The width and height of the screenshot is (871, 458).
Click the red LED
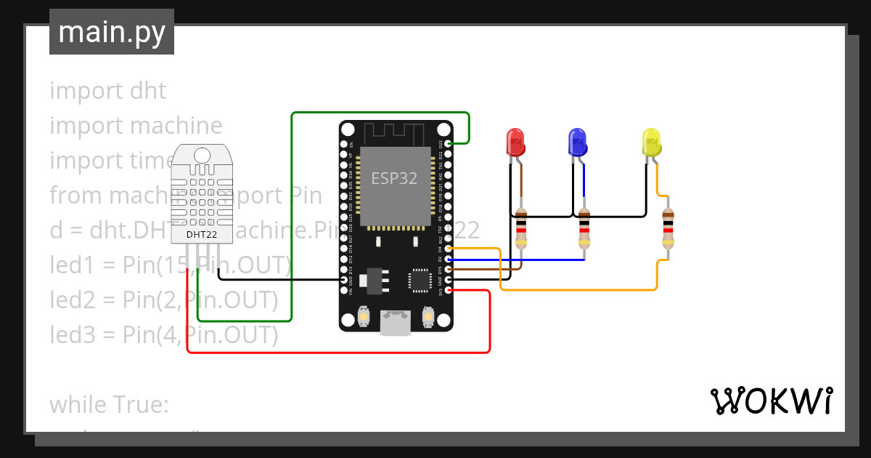515,142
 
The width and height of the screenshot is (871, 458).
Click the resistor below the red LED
520,228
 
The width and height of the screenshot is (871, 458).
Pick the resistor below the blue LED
584,228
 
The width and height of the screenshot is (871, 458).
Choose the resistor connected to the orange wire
668,228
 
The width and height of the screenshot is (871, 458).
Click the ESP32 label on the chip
394,178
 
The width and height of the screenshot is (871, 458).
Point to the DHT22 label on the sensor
202,234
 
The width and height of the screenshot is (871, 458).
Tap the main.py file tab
112,32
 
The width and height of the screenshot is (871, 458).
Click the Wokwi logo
771,401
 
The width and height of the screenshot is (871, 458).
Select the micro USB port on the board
395,323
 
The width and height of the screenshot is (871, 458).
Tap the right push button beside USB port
428,317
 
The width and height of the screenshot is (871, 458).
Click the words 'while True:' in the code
109,404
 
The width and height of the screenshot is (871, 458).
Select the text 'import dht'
107,91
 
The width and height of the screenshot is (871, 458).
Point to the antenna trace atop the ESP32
394,133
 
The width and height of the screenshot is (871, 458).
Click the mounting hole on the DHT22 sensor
202,154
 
